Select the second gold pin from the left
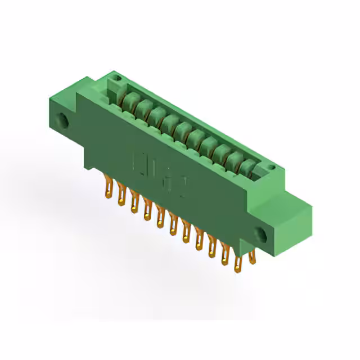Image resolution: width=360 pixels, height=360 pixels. pos(120,196)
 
